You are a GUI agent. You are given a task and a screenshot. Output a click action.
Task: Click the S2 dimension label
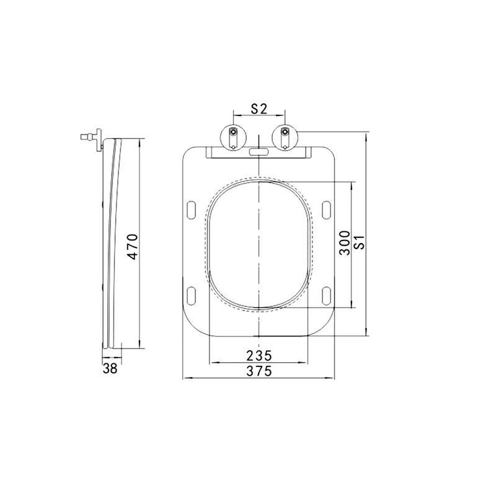point(259,109)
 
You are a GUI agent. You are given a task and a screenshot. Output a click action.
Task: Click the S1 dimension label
point(360,242)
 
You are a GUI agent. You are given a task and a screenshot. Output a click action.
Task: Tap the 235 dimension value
point(259,356)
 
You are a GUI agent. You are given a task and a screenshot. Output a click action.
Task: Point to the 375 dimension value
point(259,371)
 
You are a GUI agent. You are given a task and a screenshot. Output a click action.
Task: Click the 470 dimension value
point(133,247)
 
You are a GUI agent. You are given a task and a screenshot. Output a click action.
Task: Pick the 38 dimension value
point(110,368)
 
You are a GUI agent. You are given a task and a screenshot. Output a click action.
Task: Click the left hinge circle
point(233,136)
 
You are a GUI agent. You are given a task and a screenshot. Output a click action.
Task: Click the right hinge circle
point(285,136)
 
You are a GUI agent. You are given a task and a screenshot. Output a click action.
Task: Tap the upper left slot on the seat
point(192,210)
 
